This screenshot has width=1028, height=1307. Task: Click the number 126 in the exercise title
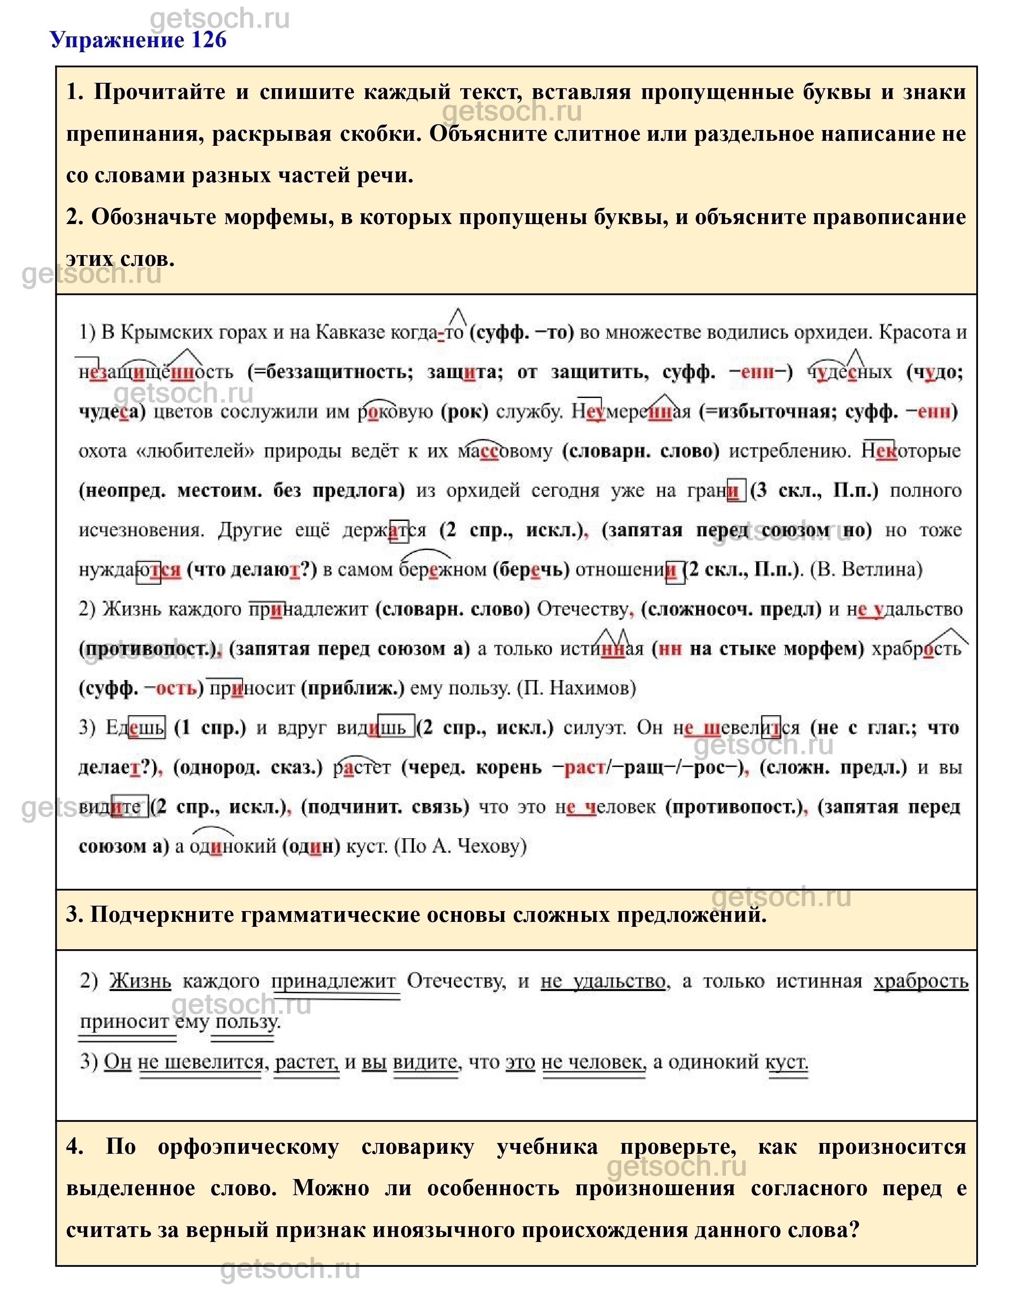tap(208, 40)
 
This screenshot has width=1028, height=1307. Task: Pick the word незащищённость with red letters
tap(155, 371)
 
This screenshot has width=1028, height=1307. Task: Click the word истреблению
tap(789, 451)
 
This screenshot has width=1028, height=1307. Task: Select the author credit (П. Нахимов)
tap(576, 688)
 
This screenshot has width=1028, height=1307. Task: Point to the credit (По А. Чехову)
tap(461, 846)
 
